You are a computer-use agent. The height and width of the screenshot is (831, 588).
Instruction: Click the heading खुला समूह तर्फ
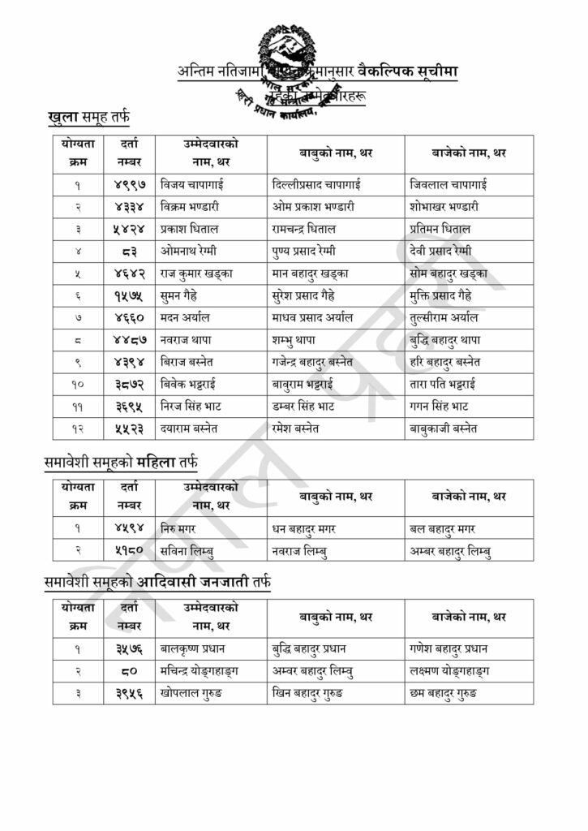click(x=88, y=118)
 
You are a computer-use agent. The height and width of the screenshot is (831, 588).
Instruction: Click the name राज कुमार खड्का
click(x=197, y=273)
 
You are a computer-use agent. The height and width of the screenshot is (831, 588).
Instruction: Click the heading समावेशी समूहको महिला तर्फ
click(x=121, y=463)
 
